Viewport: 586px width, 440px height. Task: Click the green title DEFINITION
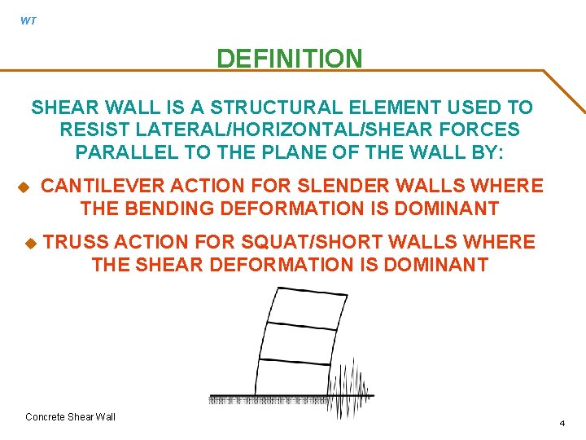pos(289,59)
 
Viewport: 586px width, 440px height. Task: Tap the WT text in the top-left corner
pos(28,21)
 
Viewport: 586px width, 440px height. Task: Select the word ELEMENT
pos(398,108)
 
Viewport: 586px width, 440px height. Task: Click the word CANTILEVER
pos(103,187)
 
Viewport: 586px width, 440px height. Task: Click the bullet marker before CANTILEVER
pos(24,187)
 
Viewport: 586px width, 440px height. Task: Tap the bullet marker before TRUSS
pos(30,243)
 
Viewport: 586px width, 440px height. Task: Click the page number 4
pos(562,423)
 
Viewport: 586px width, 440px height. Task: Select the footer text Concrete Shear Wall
pos(71,417)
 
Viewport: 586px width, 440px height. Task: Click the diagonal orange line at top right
pos(563,90)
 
